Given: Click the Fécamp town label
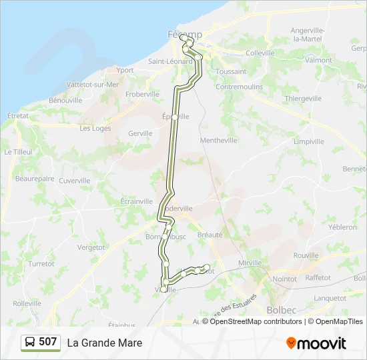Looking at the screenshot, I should tap(183, 34).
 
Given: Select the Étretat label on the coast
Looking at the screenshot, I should tap(18, 115).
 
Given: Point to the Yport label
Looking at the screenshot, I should tap(125, 70).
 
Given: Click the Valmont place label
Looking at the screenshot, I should tap(318, 60).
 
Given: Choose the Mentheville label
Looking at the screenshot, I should tap(219, 141).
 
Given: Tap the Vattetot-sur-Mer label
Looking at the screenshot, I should tap(93, 85).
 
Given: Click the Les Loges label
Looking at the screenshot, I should tap(95, 129).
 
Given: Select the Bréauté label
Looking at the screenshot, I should tap(210, 235).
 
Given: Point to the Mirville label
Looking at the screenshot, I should tap(250, 263).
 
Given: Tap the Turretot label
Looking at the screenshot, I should tap(41, 264).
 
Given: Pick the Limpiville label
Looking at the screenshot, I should tap(308, 141).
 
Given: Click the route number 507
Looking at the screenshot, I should tap(47, 342).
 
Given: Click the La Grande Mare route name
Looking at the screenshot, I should tap(104, 343).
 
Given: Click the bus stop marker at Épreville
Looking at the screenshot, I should tap(175, 117).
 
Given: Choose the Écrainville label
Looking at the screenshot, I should tap(137, 201).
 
